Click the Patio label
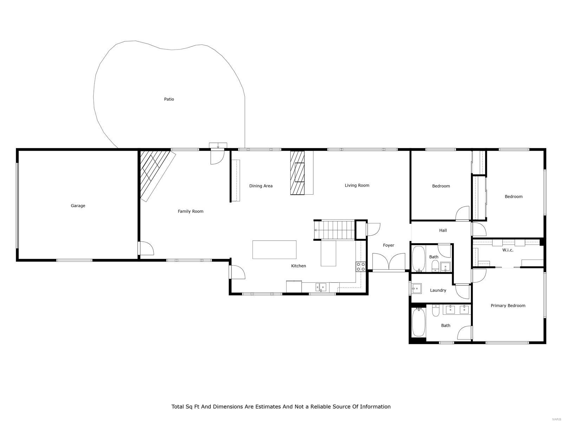[169, 99]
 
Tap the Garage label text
[78, 206]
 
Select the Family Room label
[190, 211]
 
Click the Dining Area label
[261, 186]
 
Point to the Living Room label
[357, 185]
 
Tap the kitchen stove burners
[361, 267]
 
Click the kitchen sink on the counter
[321, 287]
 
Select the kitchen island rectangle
[274, 249]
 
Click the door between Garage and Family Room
[146, 248]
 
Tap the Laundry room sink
[417, 289]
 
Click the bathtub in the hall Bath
[418, 259]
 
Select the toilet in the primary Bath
[436, 310]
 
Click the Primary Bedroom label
[508, 306]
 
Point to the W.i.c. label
[508, 250]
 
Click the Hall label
[443, 230]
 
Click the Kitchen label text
[299, 266]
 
